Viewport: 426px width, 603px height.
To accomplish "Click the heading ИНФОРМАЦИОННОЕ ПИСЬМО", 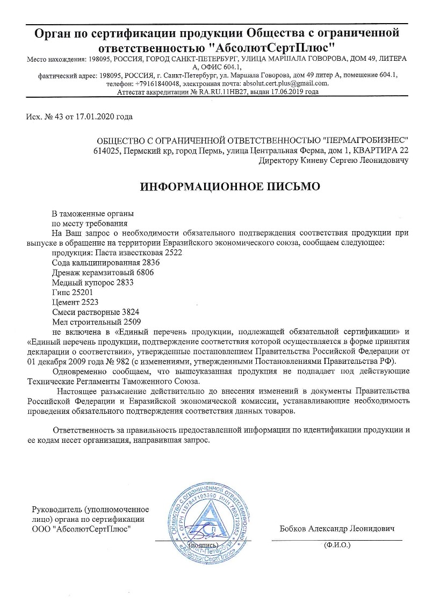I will click(x=230, y=187).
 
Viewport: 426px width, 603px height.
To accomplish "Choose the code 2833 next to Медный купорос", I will click(x=123, y=283).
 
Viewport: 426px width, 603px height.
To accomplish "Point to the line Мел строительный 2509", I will click(x=96, y=322).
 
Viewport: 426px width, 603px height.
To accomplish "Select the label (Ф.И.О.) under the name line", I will click(x=337, y=545).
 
